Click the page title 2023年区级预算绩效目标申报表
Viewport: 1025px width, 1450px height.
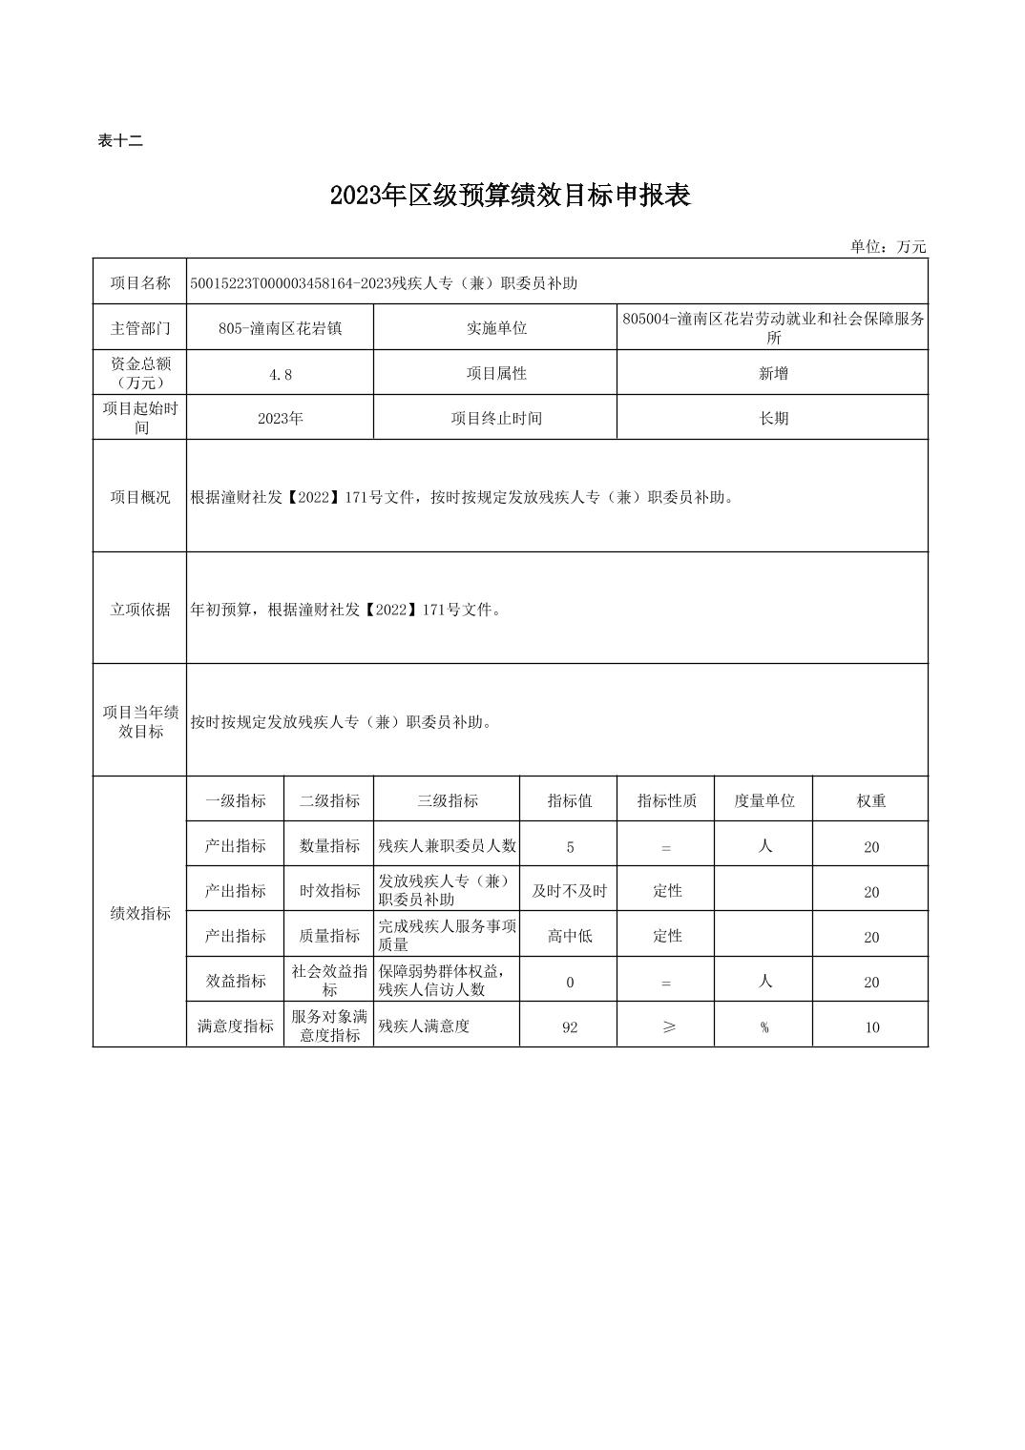coord(510,196)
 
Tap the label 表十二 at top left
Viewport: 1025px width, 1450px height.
coord(120,141)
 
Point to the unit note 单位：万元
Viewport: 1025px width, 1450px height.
coord(888,247)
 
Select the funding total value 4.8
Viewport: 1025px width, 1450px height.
coord(281,375)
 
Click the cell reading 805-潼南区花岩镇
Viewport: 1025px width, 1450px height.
coord(281,328)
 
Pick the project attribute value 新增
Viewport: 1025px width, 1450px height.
coord(773,374)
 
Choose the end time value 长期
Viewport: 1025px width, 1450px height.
coord(773,419)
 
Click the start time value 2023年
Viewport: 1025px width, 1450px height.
coord(281,419)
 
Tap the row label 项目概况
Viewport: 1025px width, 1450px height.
coord(140,497)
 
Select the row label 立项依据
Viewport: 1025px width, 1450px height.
coord(140,610)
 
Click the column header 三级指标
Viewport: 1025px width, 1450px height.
coord(447,801)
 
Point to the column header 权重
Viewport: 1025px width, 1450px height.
coord(870,801)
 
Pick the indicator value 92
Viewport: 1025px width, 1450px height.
coord(570,1027)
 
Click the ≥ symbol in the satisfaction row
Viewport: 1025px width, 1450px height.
coord(667,1027)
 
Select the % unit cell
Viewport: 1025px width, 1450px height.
coord(764,1027)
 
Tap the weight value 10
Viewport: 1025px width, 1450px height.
coord(871,1027)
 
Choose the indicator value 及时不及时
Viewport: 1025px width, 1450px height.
coord(569,891)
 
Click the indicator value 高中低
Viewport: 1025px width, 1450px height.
coord(570,936)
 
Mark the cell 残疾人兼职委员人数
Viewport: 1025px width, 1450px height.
coord(447,846)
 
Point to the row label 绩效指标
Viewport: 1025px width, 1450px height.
coord(140,914)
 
